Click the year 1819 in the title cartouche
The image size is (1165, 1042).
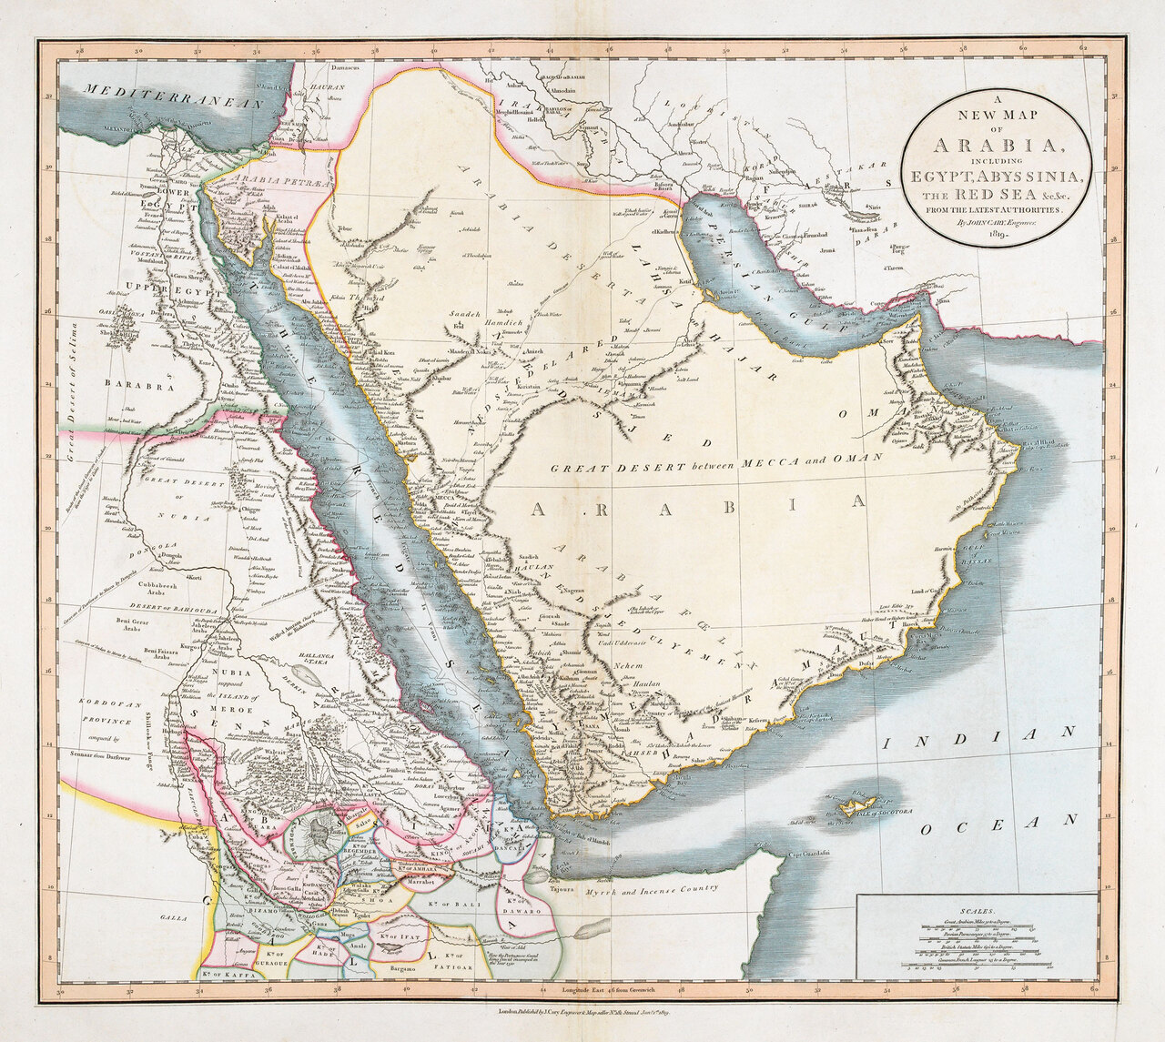click(x=999, y=234)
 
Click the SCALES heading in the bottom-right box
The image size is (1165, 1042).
click(x=978, y=909)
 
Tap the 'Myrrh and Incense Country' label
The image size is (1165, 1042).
click(x=651, y=888)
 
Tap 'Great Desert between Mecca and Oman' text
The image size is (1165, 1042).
click(x=716, y=463)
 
